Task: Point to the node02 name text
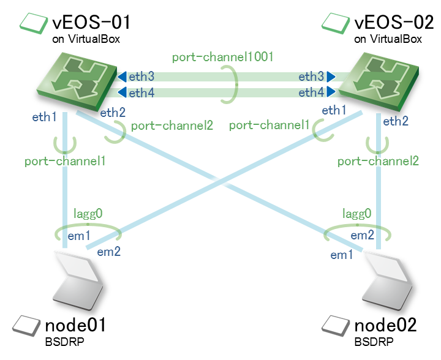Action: click(x=386, y=325)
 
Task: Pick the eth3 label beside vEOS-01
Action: click(x=141, y=77)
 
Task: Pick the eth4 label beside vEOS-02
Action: click(x=312, y=92)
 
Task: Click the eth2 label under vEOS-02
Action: click(x=396, y=121)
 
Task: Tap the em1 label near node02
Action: click(x=342, y=254)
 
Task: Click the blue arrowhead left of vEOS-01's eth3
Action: click(x=122, y=77)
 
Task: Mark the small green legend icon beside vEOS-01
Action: click(x=34, y=22)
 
